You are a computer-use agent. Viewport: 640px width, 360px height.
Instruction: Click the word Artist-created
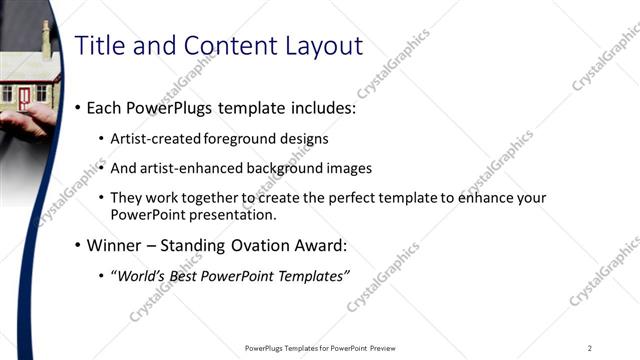pyautogui.click(x=154, y=138)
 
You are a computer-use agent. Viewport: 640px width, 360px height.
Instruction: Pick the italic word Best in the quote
pyautogui.click(x=187, y=276)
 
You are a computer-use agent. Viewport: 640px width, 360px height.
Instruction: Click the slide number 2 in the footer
pyautogui.click(x=589, y=348)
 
